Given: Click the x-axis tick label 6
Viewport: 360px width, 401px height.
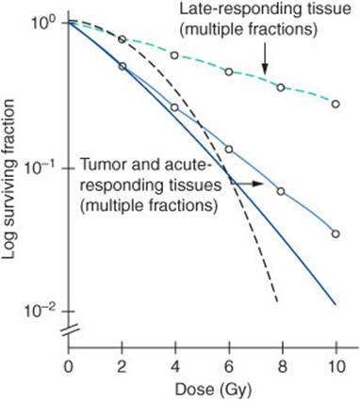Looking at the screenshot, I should [228, 365].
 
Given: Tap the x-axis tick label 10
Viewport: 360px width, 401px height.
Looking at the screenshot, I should [335, 365].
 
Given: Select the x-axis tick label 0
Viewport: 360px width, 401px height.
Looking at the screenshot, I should [68, 365].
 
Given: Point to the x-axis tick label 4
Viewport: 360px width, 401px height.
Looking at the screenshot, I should [174, 365].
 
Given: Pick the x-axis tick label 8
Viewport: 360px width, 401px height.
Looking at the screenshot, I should [282, 365].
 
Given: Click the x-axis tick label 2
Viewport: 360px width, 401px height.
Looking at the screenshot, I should [122, 365].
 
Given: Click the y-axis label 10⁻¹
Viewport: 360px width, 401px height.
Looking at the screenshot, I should [44, 167].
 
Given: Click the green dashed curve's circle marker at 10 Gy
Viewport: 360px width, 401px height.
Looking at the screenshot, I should [335, 104].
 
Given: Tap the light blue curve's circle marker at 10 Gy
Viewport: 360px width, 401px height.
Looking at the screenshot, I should [335, 233].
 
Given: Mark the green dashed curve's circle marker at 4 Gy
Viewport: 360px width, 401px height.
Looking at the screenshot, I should [174, 56].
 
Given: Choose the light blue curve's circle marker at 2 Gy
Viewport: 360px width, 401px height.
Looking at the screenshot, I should [122, 66].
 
